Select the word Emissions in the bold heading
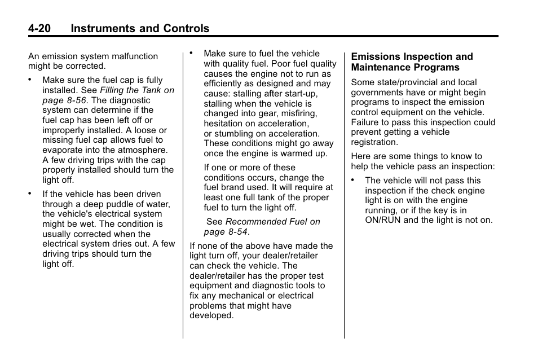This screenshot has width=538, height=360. tap(373, 57)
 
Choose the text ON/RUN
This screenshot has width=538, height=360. tap(383, 220)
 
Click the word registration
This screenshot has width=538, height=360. tap(374, 143)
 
